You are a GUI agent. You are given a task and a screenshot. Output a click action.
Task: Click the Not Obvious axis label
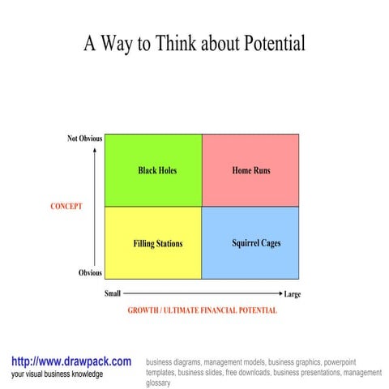[x=84, y=139]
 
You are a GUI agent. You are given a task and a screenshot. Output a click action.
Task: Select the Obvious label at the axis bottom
[x=90, y=273]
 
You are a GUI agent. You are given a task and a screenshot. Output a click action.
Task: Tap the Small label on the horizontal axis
[x=113, y=293]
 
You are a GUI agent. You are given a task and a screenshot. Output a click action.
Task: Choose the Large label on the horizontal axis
[x=293, y=294]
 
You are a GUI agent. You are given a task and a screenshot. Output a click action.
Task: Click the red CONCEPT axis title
[x=66, y=207]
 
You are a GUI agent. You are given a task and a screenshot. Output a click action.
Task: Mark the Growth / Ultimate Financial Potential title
[x=202, y=310]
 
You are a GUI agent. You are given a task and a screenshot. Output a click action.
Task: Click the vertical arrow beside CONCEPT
[x=95, y=207]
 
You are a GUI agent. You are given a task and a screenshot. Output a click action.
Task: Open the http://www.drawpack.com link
[x=71, y=361]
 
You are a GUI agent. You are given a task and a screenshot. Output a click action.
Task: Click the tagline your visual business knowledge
[x=57, y=374]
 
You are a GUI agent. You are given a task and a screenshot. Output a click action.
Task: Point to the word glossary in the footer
[x=158, y=383]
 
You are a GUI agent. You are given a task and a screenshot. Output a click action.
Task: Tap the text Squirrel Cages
[x=256, y=243]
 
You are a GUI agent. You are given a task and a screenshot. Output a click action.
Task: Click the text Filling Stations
[x=158, y=243]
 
